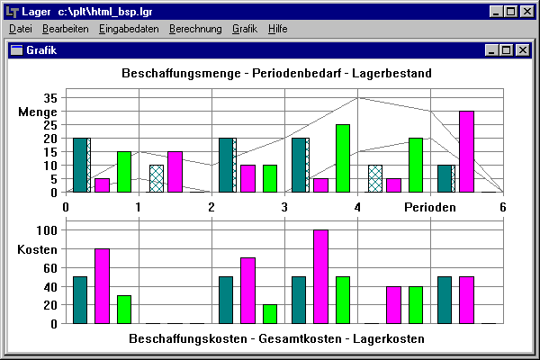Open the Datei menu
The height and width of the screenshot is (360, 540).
pos(20,29)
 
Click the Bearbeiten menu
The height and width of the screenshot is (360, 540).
pos(65,29)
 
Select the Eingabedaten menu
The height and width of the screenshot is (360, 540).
pos(130,29)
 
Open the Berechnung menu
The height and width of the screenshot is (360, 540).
pos(195,29)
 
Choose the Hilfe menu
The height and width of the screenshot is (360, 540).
pos(278,29)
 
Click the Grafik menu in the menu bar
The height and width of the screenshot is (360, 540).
pos(245,29)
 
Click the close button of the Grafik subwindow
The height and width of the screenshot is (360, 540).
pos(521,50)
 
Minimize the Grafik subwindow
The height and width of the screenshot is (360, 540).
pos(491,50)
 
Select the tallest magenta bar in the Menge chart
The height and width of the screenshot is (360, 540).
pos(466,151)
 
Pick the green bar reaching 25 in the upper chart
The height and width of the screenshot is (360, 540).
pos(343,158)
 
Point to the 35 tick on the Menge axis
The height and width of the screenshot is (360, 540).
pos(50,98)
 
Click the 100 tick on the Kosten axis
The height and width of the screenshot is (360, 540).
pos(47,230)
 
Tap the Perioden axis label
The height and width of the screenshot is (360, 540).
pos(428,207)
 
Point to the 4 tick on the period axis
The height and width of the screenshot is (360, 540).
pos(358,207)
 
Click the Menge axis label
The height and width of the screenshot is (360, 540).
pos(38,112)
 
